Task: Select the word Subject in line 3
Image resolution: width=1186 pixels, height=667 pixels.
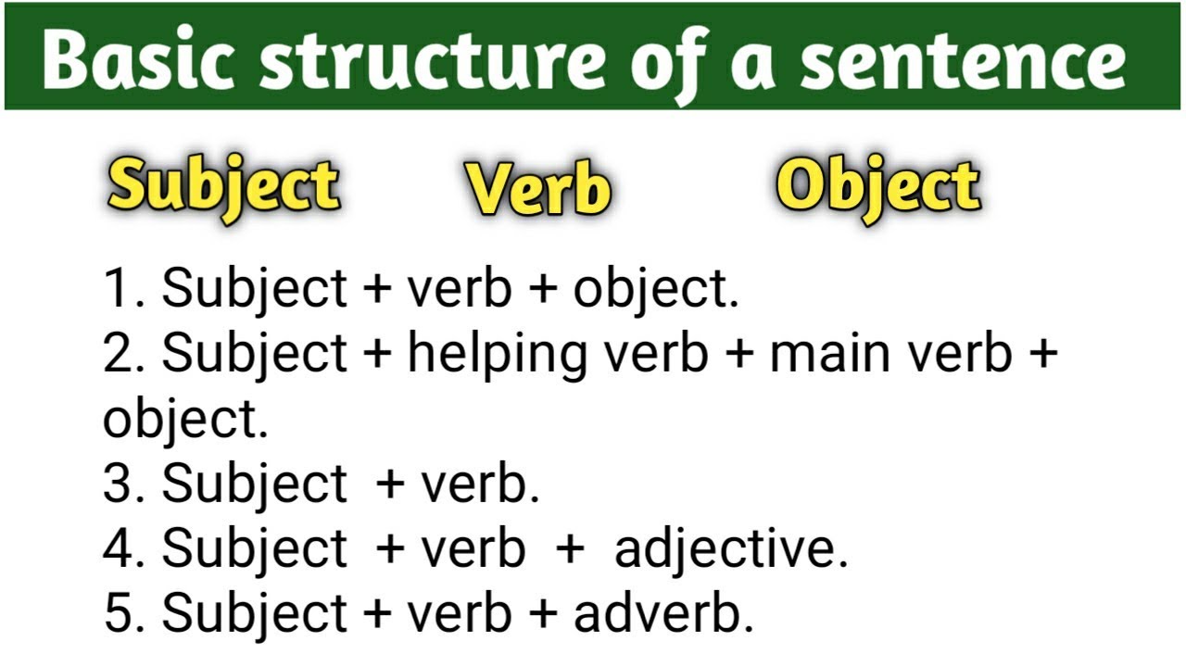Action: tap(255, 485)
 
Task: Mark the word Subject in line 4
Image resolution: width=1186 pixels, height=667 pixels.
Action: tap(255, 549)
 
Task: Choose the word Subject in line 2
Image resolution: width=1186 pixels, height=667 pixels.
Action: tap(255, 355)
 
